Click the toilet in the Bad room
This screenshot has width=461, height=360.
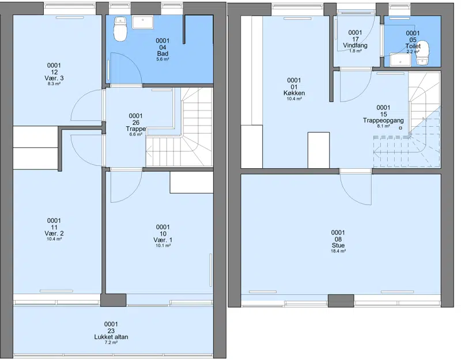point(120,29)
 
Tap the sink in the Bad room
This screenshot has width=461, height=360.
point(142,22)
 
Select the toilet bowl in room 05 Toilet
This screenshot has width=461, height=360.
point(423,52)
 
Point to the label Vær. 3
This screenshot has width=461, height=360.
point(54,78)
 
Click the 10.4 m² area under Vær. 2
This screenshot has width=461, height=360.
point(54,239)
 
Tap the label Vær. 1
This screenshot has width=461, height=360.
point(163,240)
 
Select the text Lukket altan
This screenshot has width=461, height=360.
point(111,337)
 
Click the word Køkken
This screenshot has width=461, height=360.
point(294,93)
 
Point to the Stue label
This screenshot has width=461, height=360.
point(338,245)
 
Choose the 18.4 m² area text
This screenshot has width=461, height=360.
point(338,251)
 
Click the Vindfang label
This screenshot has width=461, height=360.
point(355,46)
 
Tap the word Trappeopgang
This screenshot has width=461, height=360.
point(383,120)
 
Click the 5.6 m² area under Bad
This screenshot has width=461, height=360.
point(163,59)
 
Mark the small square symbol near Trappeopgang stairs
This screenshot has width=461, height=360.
point(400,128)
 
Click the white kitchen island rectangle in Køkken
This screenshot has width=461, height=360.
point(319,150)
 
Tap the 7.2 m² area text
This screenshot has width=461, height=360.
point(111,343)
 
